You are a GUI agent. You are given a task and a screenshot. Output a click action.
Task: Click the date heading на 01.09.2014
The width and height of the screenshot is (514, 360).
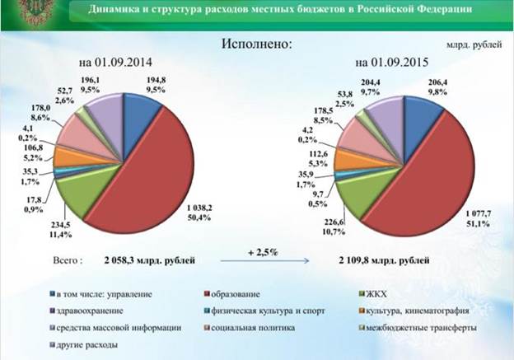(116, 63)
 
